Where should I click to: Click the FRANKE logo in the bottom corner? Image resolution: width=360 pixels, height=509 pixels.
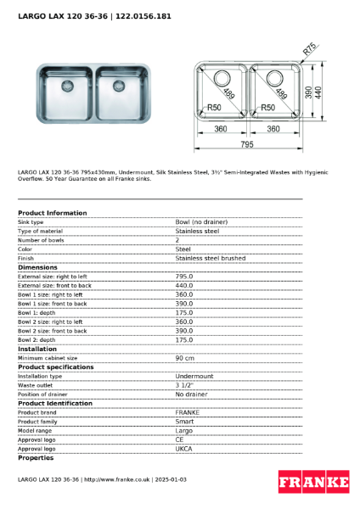[x=313, y=483]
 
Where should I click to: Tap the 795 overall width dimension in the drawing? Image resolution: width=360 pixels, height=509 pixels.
[x=245, y=144]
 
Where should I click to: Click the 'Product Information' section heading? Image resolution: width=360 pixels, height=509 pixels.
[x=52, y=213]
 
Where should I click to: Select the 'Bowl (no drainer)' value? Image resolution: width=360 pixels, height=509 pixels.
[x=201, y=221]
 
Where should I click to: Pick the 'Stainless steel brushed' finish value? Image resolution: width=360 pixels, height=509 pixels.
[x=210, y=258]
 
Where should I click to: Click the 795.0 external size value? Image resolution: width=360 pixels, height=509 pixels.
[x=184, y=277]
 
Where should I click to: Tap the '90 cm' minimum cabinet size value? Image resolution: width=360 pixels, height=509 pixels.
[x=186, y=358]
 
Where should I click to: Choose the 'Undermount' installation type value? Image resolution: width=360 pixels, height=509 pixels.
[x=194, y=376]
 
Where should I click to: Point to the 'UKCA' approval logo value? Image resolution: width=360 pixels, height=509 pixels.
[x=184, y=449]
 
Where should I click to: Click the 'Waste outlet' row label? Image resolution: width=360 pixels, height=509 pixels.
[x=35, y=385]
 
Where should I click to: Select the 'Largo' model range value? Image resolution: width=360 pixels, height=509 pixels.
[x=184, y=430]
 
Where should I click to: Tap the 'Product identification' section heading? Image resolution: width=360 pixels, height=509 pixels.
[x=55, y=403]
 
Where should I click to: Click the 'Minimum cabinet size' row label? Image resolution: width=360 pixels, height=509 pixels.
[x=48, y=358]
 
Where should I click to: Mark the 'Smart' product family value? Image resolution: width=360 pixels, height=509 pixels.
[x=184, y=422]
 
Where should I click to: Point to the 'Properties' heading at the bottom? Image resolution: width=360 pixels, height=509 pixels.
[x=36, y=458]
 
